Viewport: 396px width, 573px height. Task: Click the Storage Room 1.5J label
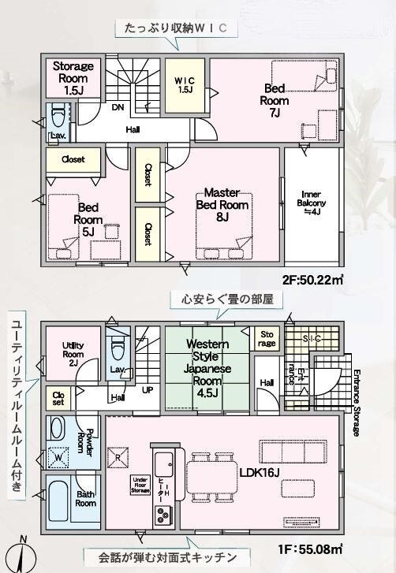point(73,78)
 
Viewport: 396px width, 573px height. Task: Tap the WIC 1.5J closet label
point(185,85)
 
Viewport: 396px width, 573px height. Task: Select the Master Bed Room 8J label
point(222,204)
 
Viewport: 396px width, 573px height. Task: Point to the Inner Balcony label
point(311,203)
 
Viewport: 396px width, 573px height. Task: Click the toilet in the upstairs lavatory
point(58,114)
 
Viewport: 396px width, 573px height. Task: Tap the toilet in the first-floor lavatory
point(118,347)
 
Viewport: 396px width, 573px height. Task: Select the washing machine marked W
point(58,457)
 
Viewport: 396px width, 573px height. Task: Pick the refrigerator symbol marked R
point(118,457)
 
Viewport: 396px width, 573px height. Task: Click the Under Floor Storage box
point(140,486)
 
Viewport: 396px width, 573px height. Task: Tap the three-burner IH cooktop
point(163,515)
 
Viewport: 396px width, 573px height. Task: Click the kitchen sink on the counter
point(163,464)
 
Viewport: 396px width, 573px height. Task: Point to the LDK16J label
point(260,472)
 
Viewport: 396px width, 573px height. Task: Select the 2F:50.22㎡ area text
point(312,281)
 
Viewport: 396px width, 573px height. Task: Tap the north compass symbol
point(23,556)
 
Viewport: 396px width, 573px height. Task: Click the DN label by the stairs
point(118,107)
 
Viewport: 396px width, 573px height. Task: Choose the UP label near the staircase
point(148,390)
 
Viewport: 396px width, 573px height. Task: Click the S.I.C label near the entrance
point(312,338)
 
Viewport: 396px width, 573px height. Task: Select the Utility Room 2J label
point(73,354)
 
